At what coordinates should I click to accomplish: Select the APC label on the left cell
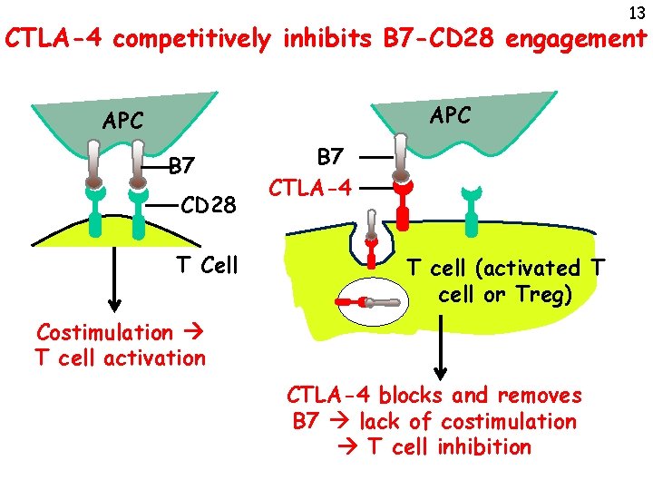pos(122,120)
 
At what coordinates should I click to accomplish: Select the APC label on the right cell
pos(450,115)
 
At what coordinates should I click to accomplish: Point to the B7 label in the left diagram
pos(182,167)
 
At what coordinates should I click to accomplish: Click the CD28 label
pos(208,207)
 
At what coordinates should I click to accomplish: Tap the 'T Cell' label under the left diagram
pos(207,265)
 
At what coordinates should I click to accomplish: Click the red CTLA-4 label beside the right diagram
pos(310,189)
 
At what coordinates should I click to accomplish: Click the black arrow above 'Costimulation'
pos(113,280)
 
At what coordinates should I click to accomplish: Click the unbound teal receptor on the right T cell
pos(471,216)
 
